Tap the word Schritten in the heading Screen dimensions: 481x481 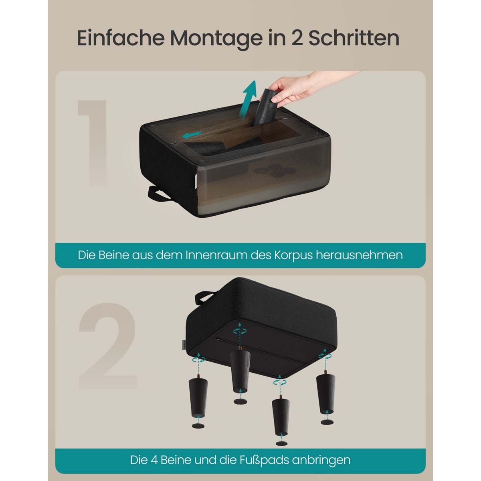click(x=354, y=38)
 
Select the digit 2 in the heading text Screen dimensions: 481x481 click(x=297, y=38)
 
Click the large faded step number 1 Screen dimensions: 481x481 click(x=92, y=142)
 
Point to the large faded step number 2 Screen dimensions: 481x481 click(x=108, y=346)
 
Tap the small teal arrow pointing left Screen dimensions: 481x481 click(x=192, y=135)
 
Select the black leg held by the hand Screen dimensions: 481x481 click(x=264, y=107)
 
